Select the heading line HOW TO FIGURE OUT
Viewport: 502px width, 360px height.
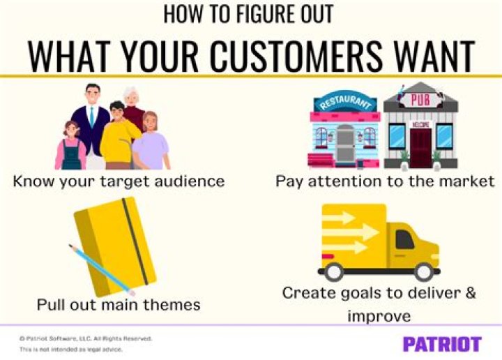click(x=250, y=14)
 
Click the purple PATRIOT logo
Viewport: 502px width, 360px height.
click(x=441, y=343)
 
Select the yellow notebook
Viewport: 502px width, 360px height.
click(x=115, y=244)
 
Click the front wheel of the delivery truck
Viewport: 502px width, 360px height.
click(x=423, y=271)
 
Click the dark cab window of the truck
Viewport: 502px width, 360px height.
click(x=405, y=239)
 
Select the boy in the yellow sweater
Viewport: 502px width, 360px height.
click(x=119, y=136)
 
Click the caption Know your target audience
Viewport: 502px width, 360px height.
click(x=119, y=181)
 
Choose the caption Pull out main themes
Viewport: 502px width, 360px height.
click(x=119, y=305)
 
